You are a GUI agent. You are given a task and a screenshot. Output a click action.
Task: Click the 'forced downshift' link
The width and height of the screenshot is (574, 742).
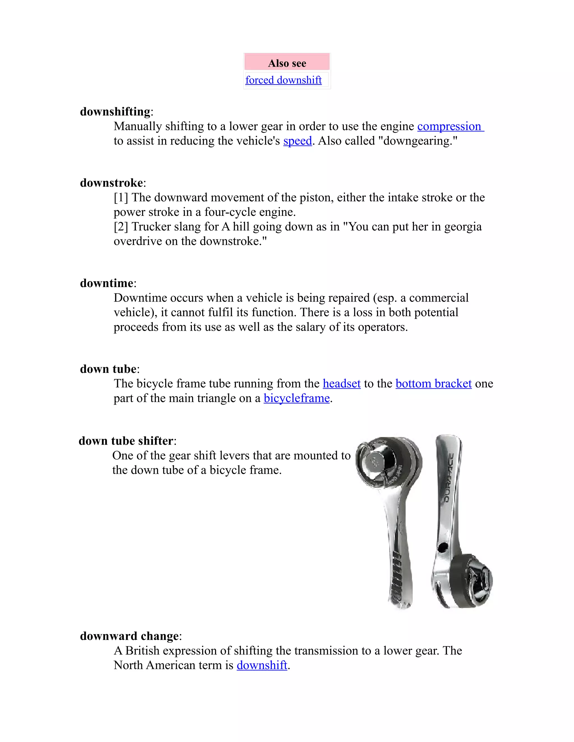tap(283, 80)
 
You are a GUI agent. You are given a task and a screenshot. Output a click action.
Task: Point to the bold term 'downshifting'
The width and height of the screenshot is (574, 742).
tap(115, 112)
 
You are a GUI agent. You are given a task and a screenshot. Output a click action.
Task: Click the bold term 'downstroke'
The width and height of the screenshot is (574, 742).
tap(112, 183)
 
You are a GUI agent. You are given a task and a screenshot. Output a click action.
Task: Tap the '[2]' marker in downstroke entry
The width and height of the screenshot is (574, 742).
tap(121, 227)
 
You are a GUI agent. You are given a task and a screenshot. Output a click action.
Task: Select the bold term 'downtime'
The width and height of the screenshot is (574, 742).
tap(107, 283)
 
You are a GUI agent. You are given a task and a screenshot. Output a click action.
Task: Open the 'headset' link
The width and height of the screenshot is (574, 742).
tap(341, 384)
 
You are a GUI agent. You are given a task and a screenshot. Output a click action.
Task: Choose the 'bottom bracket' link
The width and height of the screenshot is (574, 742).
tap(434, 384)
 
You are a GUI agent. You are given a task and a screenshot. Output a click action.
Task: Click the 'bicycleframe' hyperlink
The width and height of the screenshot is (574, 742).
tap(297, 398)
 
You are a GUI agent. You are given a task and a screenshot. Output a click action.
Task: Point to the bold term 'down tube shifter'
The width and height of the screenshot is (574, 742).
tap(126, 441)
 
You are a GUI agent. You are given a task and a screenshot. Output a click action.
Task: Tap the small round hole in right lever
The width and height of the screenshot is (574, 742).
tap(442, 547)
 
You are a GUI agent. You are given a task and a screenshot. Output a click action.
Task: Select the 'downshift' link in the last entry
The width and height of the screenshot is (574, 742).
tap(262, 665)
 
